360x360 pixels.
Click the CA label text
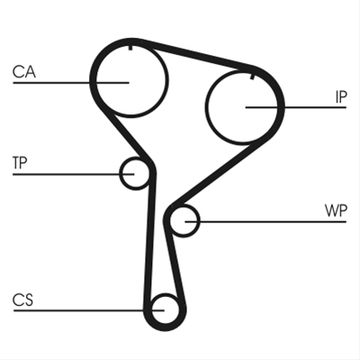tap(24, 72)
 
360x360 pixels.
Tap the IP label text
tap(341, 97)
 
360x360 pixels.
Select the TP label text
tap(20, 162)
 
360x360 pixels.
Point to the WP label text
tap(336, 211)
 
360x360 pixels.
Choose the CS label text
tap(23, 300)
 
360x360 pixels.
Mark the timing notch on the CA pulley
tap(130, 48)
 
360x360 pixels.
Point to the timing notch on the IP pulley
tap(252, 76)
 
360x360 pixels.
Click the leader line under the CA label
tap(71, 83)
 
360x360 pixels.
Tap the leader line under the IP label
tap(296, 107)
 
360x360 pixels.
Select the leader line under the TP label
tap(73, 174)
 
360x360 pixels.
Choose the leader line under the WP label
tap(265, 221)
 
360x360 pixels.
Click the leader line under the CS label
tap(89, 310)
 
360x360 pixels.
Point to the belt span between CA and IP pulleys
tap(196, 54)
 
